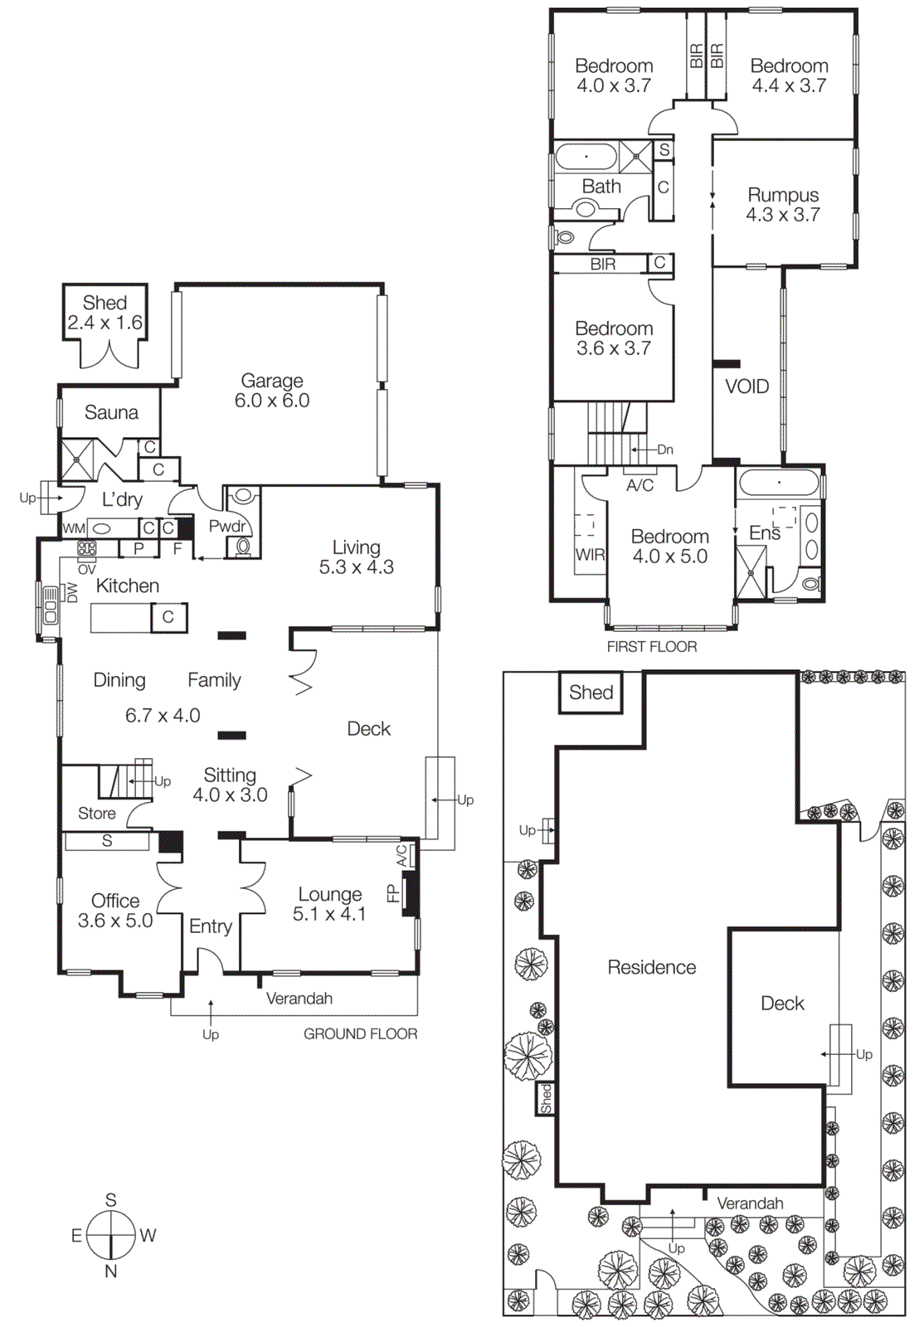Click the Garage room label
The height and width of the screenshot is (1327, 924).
[x=272, y=391]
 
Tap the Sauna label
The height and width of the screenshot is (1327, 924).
[x=111, y=412]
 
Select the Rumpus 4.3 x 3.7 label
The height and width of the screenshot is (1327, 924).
[x=783, y=205]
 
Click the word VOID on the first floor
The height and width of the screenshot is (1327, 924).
[x=746, y=386]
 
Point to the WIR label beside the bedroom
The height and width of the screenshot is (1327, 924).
[x=590, y=555]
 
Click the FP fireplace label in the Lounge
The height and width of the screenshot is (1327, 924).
[x=392, y=893]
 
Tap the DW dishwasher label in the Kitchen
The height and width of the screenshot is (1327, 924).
[x=72, y=592]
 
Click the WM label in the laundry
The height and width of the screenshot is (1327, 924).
[x=74, y=528]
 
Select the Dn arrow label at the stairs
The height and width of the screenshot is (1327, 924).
[x=664, y=450]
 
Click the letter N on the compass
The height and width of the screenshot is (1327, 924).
[x=110, y=1271]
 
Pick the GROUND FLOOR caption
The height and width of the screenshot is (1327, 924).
[x=360, y=1033]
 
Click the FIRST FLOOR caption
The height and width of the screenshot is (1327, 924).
[x=651, y=647]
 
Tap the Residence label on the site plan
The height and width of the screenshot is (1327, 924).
[x=651, y=967]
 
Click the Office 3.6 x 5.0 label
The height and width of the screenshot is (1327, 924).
[x=115, y=911]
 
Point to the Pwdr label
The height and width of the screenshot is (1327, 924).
[x=226, y=526]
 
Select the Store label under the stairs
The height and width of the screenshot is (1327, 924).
[x=96, y=814]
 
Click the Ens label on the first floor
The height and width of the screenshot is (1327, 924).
[x=764, y=533]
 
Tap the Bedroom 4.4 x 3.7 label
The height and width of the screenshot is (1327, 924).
[x=789, y=75]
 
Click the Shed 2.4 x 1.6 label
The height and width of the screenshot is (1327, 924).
[x=105, y=313]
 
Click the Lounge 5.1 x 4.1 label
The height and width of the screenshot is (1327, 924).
[x=329, y=904]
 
